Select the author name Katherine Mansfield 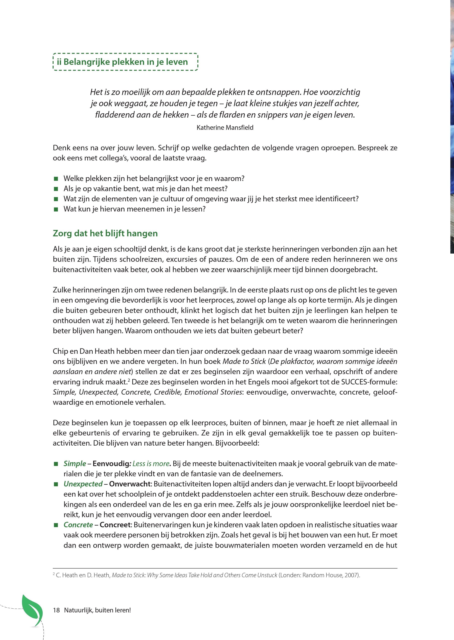tap(225, 128)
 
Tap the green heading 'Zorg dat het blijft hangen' tap(105, 233)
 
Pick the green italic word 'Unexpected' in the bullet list tap(83, 484)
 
